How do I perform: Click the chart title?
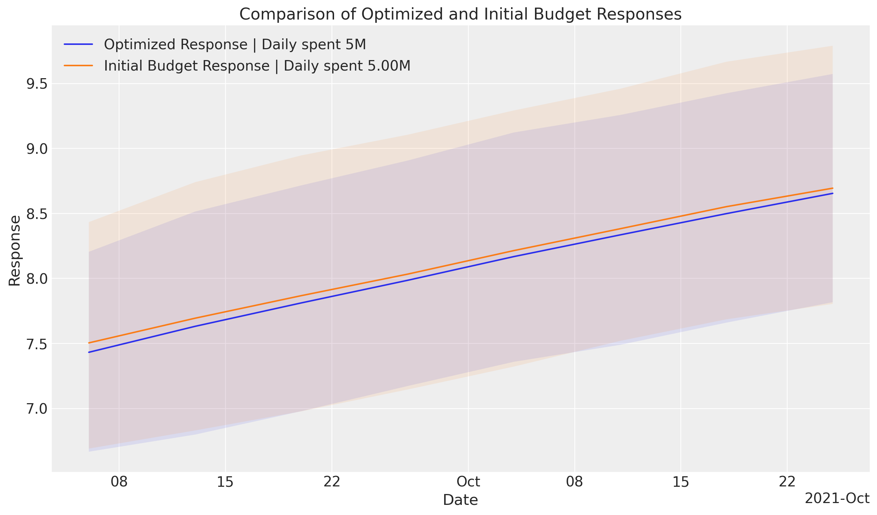[x=460, y=14]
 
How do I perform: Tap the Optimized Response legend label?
[x=235, y=45]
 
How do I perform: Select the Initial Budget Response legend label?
[x=257, y=66]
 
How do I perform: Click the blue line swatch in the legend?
[x=79, y=45]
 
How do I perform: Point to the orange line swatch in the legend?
[x=79, y=66]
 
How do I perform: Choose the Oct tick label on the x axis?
[x=468, y=482]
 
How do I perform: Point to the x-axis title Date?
[x=460, y=500]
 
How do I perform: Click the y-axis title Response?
[x=14, y=250]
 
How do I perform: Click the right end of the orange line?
[x=832, y=188]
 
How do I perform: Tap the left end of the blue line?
[x=89, y=352]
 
